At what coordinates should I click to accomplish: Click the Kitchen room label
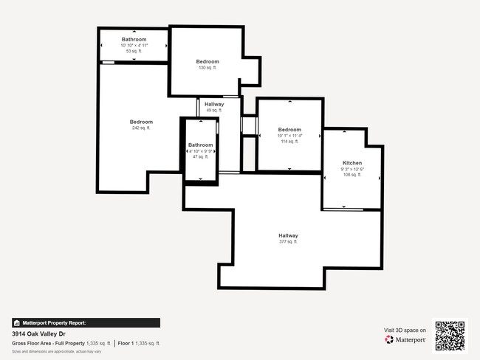coord(352,162)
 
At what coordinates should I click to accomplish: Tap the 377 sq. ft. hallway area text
coord(288,242)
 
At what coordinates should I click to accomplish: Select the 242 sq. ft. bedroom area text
coord(141,128)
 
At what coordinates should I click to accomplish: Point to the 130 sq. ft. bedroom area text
coord(208,68)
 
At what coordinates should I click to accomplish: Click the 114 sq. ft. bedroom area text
coord(289,142)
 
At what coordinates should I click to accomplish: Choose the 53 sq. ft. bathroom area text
coord(134,52)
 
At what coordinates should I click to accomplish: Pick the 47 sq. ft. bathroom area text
coord(200,156)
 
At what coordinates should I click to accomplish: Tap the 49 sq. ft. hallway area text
coord(214,111)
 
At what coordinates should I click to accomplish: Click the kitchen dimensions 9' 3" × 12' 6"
coord(352,169)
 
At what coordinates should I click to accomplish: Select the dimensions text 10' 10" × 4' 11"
coord(134,45)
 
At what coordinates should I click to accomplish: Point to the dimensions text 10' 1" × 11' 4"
coord(289,136)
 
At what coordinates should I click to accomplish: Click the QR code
coord(450,336)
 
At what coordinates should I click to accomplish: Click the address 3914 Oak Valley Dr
coord(37,333)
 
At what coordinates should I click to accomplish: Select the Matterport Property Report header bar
coord(86,322)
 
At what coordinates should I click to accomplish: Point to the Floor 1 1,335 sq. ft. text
coord(139,344)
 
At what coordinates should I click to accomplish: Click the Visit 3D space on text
coord(405,330)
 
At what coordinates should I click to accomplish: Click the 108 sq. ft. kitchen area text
coord(352,176)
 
